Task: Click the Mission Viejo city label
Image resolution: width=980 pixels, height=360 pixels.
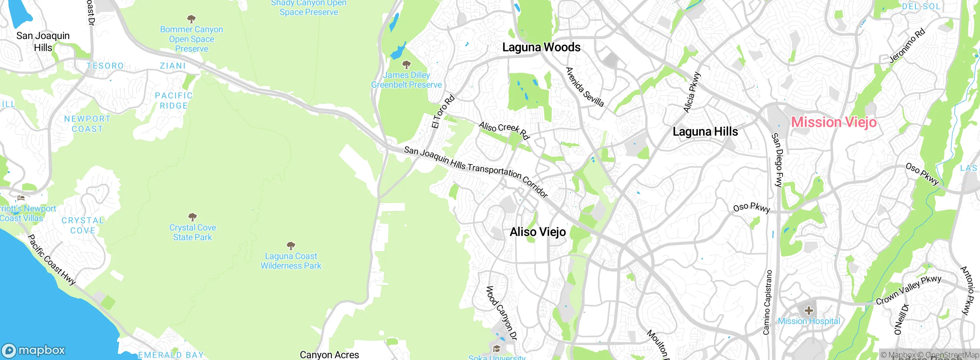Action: [x=834, y=122]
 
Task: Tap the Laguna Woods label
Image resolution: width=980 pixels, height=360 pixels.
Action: [x=541, y=47]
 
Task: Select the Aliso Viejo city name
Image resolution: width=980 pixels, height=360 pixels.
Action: [x=538, y=232]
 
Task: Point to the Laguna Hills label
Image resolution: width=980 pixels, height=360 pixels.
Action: [x=705, y=131]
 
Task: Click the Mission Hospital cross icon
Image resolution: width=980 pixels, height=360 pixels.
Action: [x=808, y=310]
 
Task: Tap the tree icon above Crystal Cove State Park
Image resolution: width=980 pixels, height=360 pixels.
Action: [x=193, y=217]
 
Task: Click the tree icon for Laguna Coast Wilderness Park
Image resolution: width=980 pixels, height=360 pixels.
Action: [x=291, y=245]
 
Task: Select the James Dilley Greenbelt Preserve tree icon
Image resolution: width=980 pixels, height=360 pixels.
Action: [x=406, y=64]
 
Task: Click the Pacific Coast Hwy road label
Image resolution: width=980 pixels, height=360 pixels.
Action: [x=52, y=260]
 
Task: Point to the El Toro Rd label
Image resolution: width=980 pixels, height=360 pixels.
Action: [x=443, y=111]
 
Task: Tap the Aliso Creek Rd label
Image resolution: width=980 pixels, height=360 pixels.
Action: [x=504, y=130]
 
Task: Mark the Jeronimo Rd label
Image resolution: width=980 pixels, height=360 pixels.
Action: [x=907, y=46]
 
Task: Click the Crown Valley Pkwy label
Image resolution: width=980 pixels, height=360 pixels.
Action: [x=908, y=290]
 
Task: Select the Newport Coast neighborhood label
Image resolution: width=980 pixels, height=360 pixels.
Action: [x=87, y=124]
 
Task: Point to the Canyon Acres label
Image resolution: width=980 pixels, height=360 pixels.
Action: [x=329, y=355]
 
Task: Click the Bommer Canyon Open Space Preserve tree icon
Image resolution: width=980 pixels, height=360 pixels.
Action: [x=191, y=18]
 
